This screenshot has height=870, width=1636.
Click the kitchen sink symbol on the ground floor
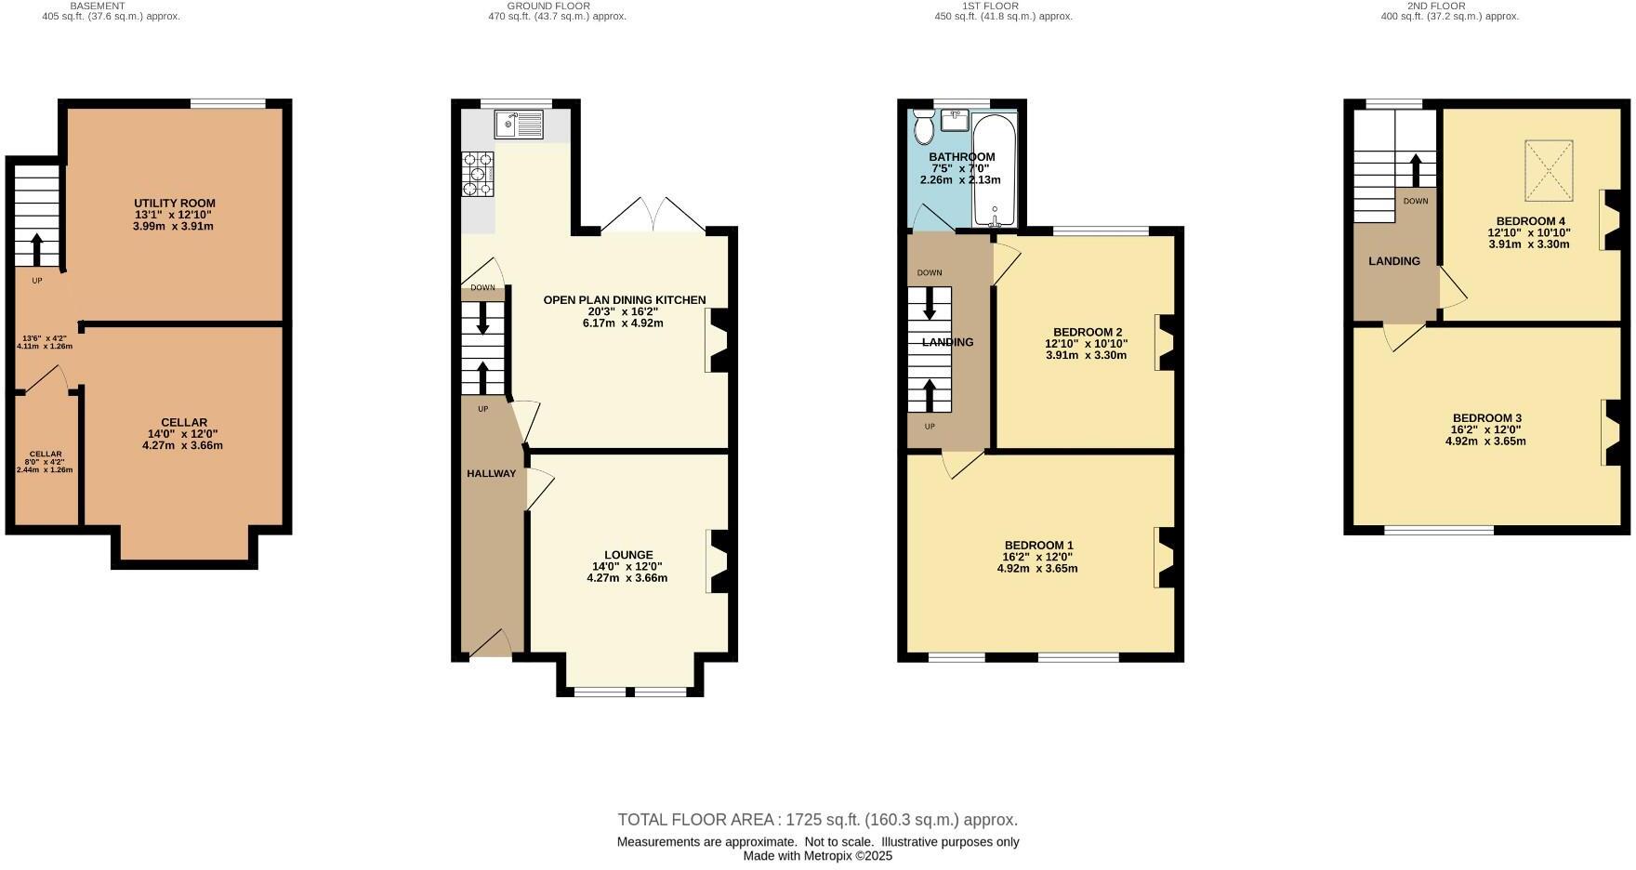pyautogui.click(x=519, y=124)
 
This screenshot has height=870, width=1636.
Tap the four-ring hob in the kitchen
pyautogui.click(x=478, y=175)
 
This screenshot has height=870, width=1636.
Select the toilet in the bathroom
pyautogui.click(x=923, y=126)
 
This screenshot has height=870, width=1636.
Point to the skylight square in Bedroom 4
pyautogui.click(x=1549, y=170)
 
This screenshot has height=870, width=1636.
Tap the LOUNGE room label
pyautogui.click(x=628, y=555)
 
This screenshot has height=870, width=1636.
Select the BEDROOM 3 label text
pyautogui.click(x=1485, y=418)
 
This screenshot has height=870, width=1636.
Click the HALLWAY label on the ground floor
pyautogui.click(x=491, y=474)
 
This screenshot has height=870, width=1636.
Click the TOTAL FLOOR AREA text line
pyautogui.click(x=817, y=820)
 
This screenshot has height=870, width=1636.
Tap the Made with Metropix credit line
pyautogui.click(x=817, y=856)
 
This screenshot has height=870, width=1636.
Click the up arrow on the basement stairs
pyautogui.click(x=37, y=249)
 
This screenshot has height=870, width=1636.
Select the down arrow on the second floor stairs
pyautogui.click(x=1416, y=170)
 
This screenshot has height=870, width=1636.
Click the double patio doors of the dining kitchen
pyautogui.click(x=653, y=216)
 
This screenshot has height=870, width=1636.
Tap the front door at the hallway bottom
pyautogui.click(x=490, y=646)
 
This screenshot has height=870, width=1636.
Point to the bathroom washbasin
pyautogui.click(x=955, y=120)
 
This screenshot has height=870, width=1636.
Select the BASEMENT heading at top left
pyautogui.click(x=98, y=6)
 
